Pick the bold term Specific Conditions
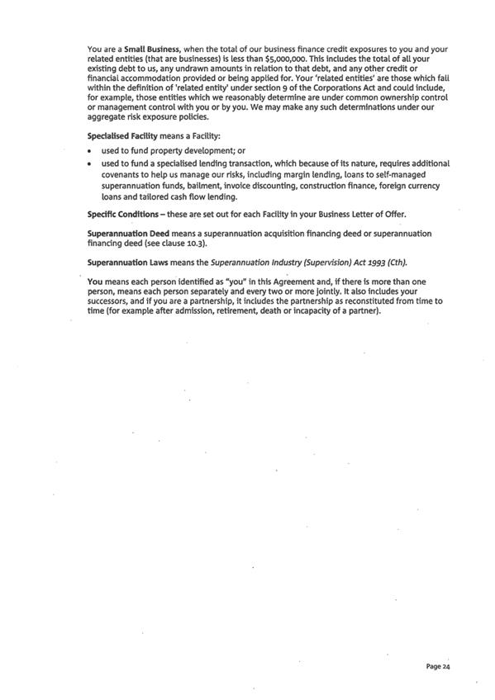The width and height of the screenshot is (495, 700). click(123, 214)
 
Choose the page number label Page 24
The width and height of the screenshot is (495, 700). click(438, 665)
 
